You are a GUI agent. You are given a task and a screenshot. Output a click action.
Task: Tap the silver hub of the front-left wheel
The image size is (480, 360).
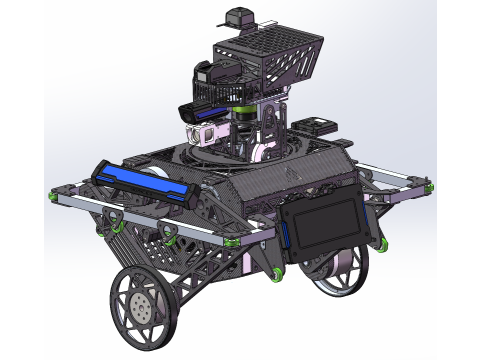(144, 306)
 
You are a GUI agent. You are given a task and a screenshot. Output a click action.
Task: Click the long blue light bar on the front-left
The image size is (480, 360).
(141, 183)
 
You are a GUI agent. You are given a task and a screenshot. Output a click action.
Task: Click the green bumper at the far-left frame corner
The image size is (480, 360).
(50, 196)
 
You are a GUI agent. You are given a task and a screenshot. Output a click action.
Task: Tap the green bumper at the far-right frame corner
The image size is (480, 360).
(428, 188)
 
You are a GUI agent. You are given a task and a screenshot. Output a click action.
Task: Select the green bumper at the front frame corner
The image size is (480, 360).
(232, 243)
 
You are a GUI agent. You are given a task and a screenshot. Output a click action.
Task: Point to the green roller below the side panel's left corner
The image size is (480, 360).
(276, 273)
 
